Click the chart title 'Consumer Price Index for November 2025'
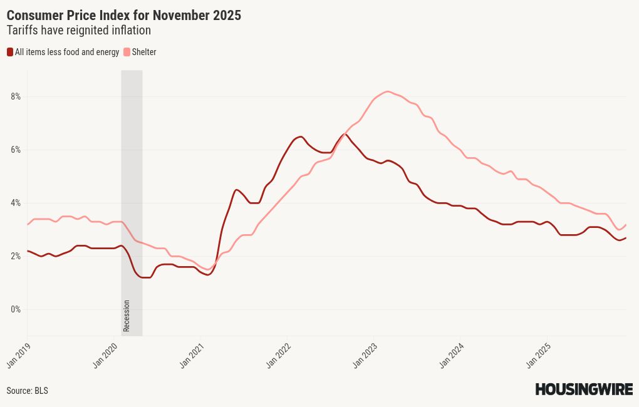tap(123, 16)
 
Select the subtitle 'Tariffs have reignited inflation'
tap(78, 30)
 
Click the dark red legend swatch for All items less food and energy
tap(10, 52)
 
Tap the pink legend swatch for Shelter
tap(127, 52)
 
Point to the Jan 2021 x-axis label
tap(191, 354)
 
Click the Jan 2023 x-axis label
tap(365, 354)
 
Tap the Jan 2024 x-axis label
tap(451, 354)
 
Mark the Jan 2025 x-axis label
tap(538, 354)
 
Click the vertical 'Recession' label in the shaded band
tap(127, 316)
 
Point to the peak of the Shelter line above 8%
tap(388, 91)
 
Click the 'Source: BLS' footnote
tap(27, 391)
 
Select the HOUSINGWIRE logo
tap(583, 389)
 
